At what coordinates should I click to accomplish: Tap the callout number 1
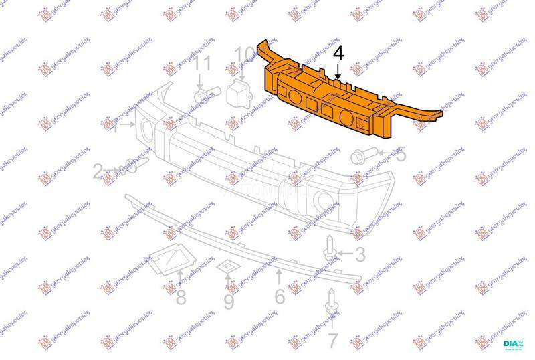pos(114,126)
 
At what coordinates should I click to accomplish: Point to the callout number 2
pos(98,173)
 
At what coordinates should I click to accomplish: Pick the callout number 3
pos(360,254)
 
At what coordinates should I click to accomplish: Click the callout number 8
pos(181,298)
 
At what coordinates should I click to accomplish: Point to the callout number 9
pos(229,302)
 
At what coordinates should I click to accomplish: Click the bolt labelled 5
pos(359,157)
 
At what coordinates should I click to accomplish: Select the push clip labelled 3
pos(330,247)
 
